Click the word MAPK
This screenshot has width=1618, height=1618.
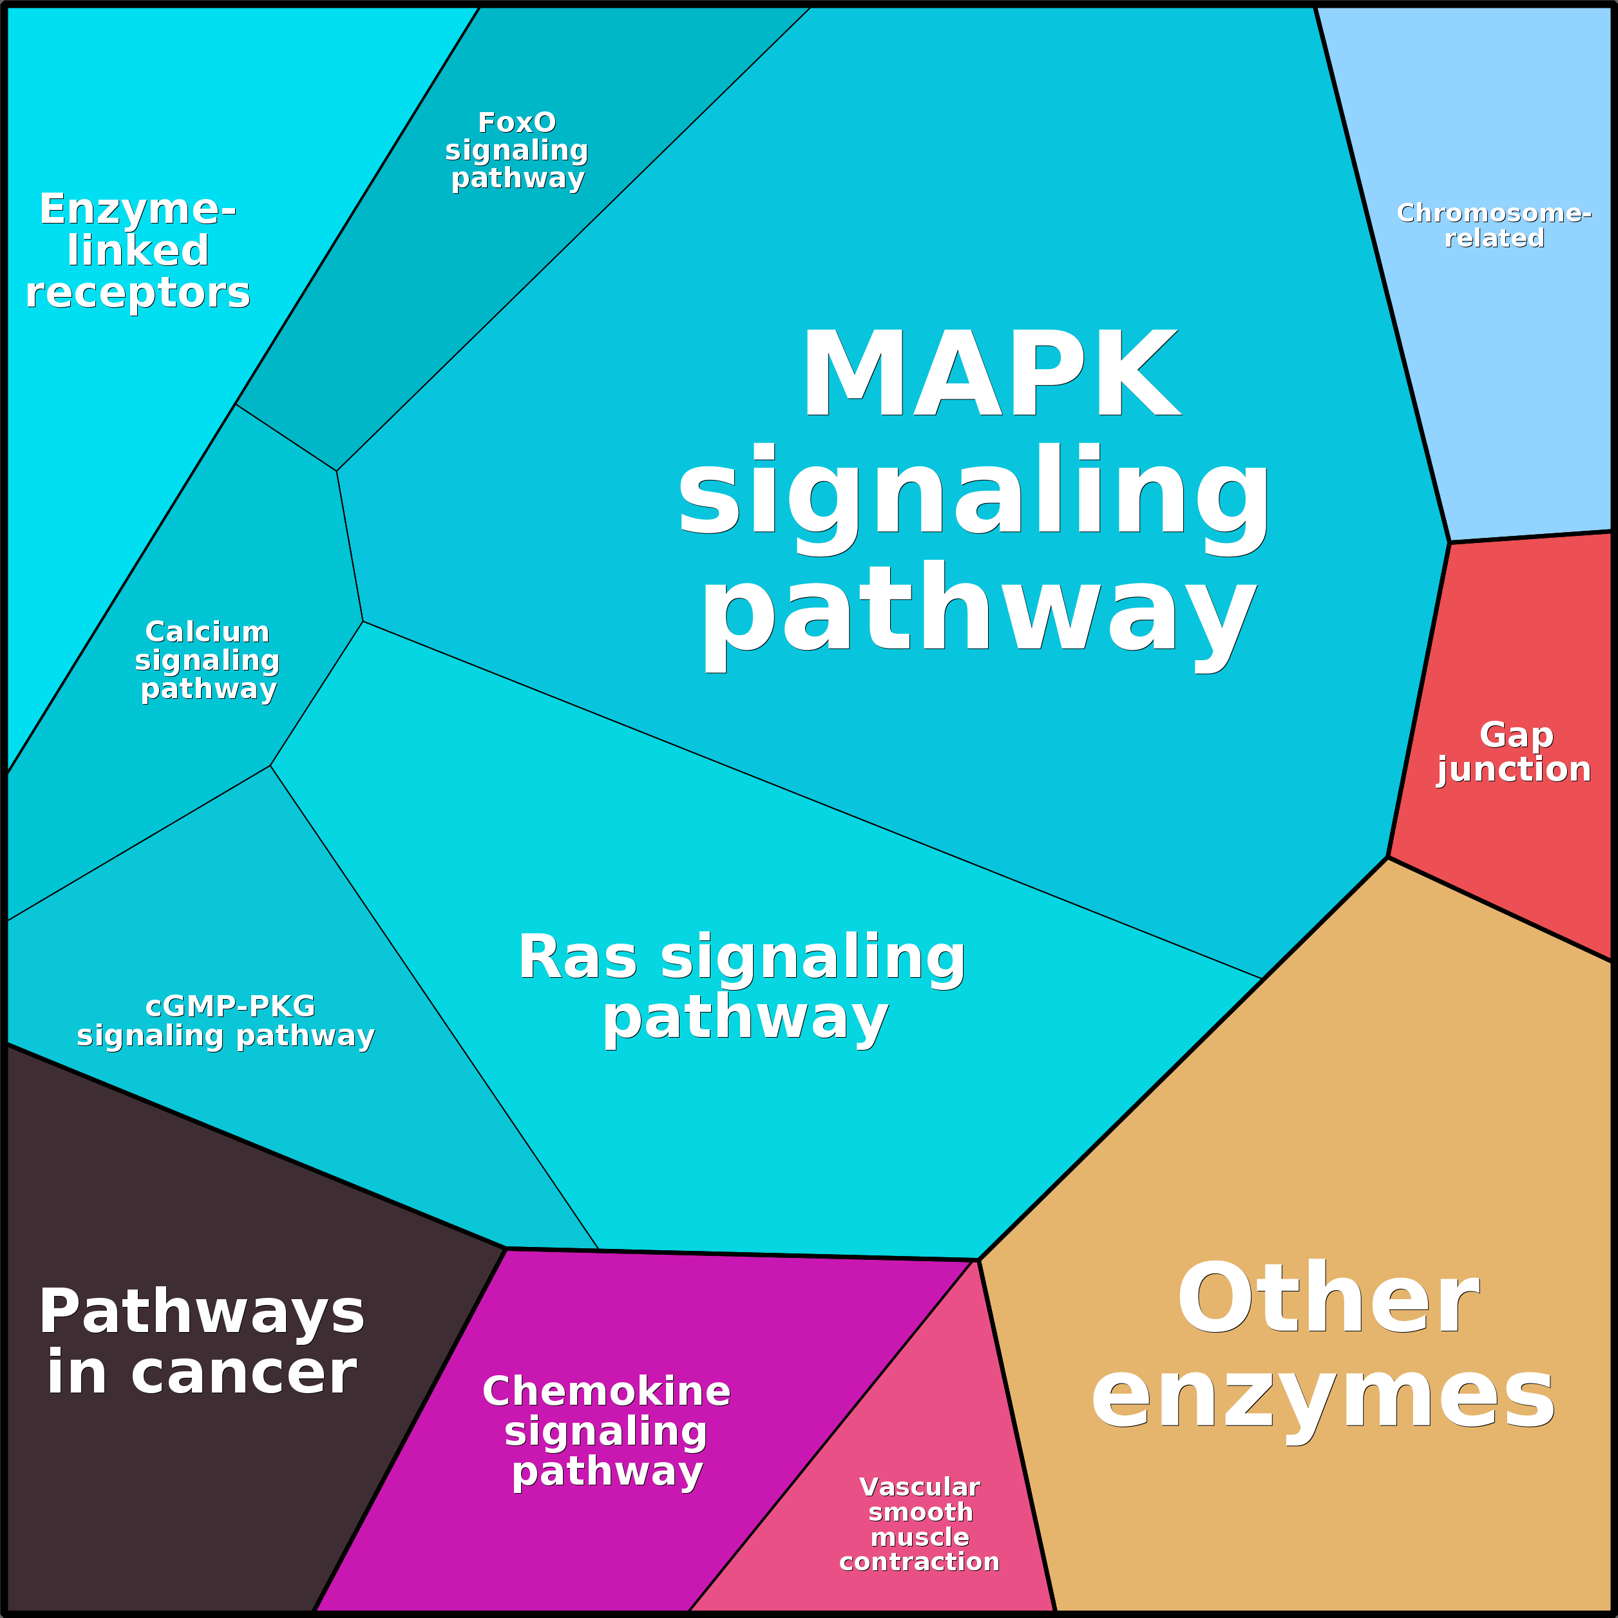(x=991, y=374)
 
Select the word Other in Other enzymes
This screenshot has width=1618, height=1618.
(x=1328, y=1300)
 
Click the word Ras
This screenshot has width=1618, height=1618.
(x=577, y=957)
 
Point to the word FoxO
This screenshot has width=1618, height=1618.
(x=517, y=123)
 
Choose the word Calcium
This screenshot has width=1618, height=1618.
(x=207, y=633)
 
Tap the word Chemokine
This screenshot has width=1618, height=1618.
(x=606, y=1392)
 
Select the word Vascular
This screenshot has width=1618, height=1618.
(x=920, y=1487)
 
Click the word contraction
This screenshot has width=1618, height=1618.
(x=920, y=1562)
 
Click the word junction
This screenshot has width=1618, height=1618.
(x=1514, y=769)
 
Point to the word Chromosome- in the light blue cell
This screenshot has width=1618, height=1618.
(x=1494, y=214)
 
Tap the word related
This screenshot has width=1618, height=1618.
(x=1494, y=239)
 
